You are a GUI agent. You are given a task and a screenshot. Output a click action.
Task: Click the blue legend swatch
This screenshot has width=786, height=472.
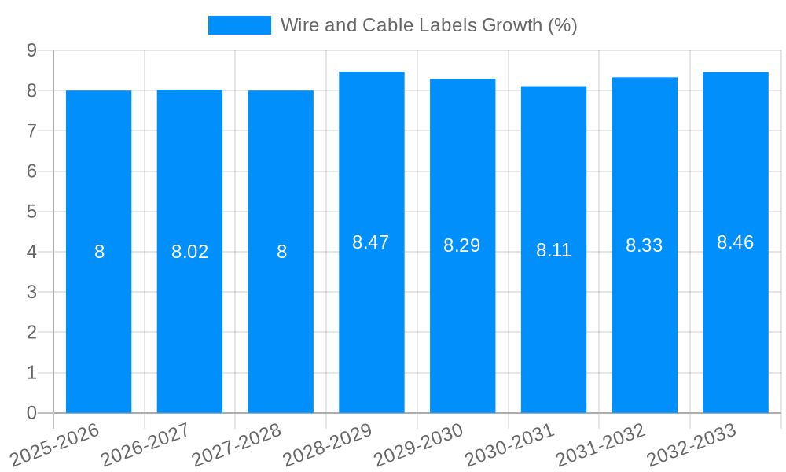239,25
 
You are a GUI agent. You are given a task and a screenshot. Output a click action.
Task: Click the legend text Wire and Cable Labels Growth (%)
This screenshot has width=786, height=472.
428,25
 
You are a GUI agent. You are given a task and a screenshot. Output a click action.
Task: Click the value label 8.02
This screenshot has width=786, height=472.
190,252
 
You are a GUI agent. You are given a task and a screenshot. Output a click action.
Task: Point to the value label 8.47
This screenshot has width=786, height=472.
371,242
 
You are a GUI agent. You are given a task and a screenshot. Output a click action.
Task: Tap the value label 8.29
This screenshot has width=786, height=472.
462,245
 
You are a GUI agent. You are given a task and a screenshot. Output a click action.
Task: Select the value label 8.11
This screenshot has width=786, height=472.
553,250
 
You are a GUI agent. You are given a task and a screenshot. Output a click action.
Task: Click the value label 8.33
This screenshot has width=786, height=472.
645,245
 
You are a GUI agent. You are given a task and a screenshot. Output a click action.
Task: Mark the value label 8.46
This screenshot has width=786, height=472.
736,242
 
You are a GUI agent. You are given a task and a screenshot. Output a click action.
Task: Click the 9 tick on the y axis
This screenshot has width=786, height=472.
31,50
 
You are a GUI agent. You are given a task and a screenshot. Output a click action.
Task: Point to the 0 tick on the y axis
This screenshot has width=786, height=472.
31,413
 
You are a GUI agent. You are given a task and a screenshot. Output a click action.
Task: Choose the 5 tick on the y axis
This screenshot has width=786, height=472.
31,212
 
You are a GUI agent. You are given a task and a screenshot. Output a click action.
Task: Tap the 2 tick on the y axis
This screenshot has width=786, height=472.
31,333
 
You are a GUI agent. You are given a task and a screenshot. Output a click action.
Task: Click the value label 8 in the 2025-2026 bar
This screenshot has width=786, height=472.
99,252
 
